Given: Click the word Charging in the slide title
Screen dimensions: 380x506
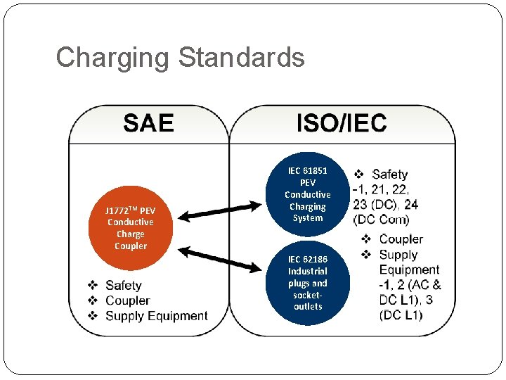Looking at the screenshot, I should [113, 57].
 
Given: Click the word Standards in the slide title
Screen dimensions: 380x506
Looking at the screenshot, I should [241, 57].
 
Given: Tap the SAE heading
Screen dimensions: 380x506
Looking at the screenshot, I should [148, 123].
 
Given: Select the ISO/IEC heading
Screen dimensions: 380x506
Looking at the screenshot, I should [342, 123].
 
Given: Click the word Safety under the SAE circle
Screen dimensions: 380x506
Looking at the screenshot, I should [124, 285].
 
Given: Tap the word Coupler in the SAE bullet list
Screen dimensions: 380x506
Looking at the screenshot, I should [127, 300].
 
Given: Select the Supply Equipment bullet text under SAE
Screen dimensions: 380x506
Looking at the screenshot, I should [156, 316].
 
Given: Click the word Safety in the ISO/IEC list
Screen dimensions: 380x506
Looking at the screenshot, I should [390, 174].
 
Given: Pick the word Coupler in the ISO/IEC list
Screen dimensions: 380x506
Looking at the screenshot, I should [401, 239].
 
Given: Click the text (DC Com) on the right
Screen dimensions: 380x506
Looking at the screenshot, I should [382, 219].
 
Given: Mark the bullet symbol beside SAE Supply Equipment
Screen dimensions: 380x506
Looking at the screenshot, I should [92, 316].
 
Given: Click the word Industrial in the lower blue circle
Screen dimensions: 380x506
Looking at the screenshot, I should [308, 271].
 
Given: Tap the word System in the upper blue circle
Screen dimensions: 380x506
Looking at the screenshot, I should [308, 218].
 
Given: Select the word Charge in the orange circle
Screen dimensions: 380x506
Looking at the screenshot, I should [131, 234].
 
